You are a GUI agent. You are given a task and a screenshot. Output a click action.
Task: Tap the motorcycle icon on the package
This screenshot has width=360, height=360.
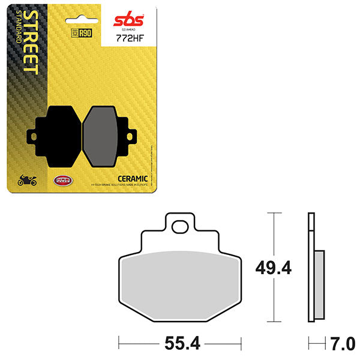(28, 179)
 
